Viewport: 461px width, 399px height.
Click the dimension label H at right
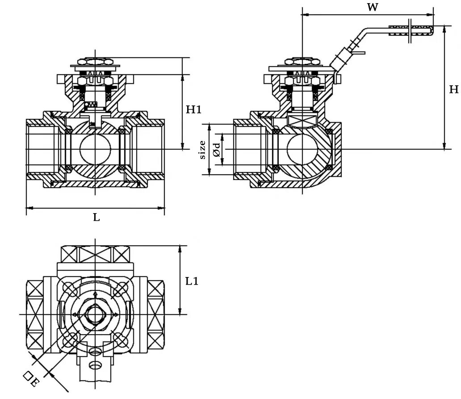point(453,90)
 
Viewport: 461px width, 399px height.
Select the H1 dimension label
point(193,109)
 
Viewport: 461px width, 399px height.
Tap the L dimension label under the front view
point(96,218)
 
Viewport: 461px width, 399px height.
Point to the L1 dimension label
point(192,281)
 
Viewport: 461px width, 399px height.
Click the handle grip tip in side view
point(411,30)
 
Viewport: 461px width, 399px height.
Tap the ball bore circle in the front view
point(95,149)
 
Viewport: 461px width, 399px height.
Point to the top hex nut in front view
point(95,60)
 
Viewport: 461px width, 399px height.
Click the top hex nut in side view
point(303,60)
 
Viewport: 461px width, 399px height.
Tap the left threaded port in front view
point(42,149)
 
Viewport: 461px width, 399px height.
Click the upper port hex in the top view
point(95,254)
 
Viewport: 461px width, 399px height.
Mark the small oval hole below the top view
point(95,365)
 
